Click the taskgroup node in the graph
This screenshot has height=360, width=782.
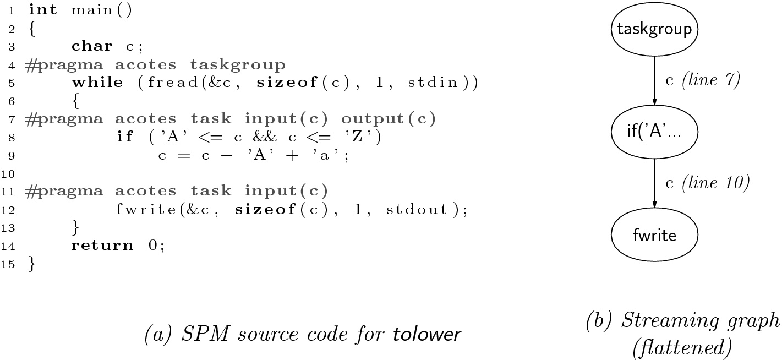[x=654, y=29]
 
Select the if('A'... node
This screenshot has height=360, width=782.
[x=654, y=132]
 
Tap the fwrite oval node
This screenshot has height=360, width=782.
[x=654, y=235]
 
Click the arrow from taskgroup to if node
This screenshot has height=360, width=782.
[x=654, y=77]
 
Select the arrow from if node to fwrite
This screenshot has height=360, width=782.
[x=654, y=182]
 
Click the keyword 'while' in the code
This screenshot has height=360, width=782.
[x=97, y=82]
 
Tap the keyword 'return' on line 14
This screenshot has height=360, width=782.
[x=102, y=245]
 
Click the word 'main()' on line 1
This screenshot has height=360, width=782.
[x=102, y=10]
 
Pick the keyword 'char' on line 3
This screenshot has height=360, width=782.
[x=92, y=46]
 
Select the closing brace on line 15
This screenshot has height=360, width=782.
[x=31, y=263]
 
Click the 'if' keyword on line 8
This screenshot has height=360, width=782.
[x=125, y=137]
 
